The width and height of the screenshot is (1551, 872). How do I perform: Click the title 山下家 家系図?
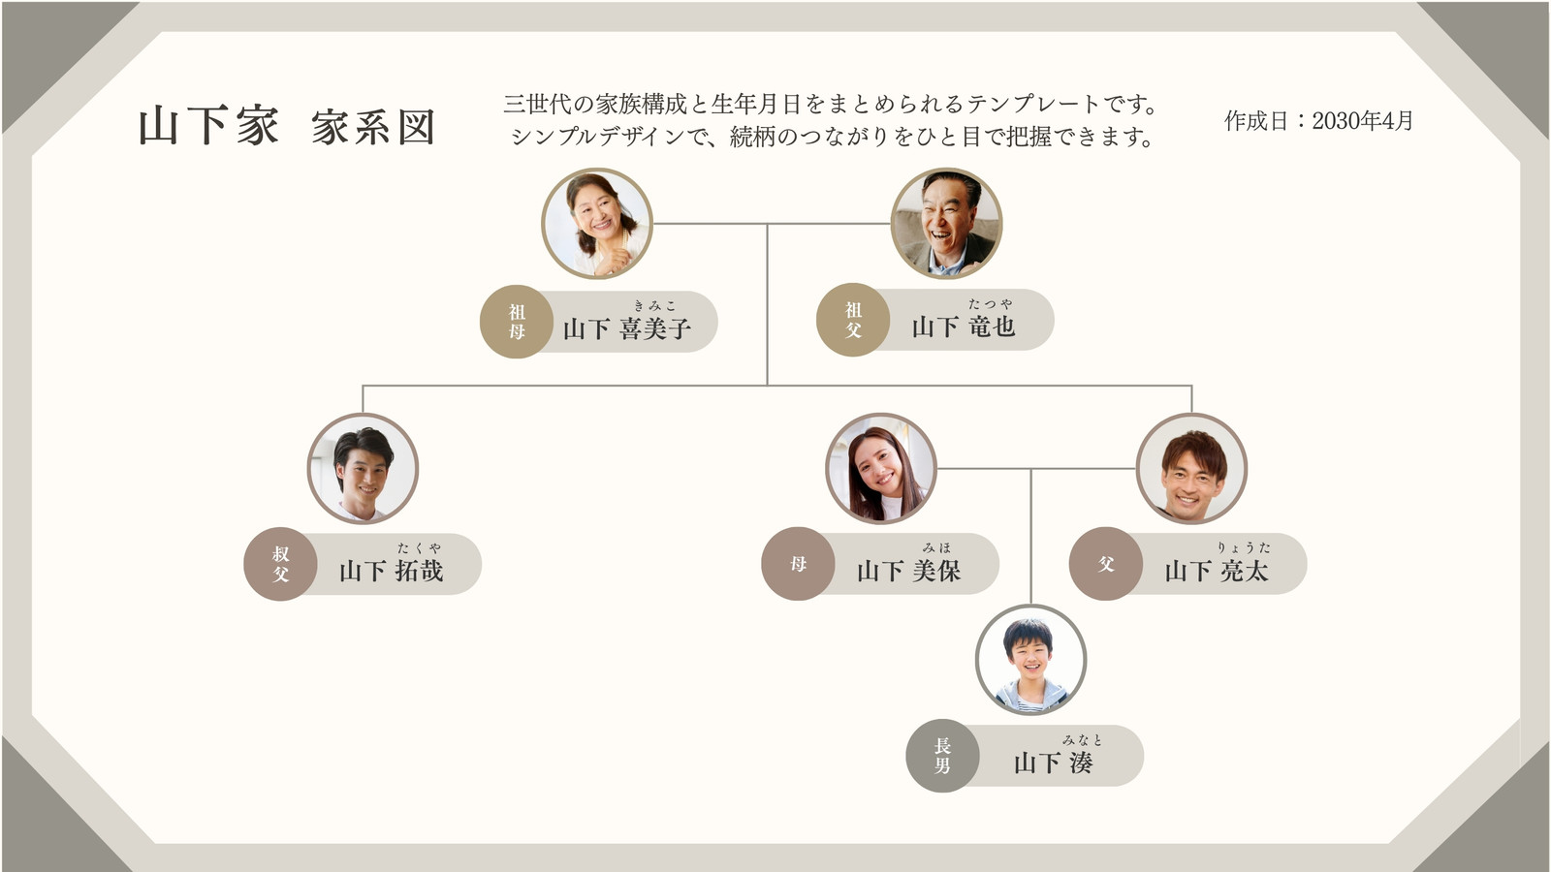click(x=287, y=127)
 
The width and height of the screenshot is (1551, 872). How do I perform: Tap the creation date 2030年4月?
click(x=1362, y=121)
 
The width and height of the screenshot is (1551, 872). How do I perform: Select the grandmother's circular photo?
click(x=597, y=224)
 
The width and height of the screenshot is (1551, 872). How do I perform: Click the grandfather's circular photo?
click(x=946, y=223)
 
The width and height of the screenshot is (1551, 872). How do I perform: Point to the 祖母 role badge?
click(x=516, y=322)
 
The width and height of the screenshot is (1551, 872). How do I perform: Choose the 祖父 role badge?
click(x=853, y=320)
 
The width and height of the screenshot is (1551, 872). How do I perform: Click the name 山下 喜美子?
click(x=627, y=328)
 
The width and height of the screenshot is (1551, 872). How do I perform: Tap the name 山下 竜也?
click(x=964, y=327)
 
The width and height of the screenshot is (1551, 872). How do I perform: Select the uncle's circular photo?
click(x=363, y=469)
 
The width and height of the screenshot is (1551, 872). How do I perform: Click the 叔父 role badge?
click(x=280, y=564)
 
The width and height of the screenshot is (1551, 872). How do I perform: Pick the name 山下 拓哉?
click(x=392, y=571)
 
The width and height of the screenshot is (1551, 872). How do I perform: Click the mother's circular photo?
click(x=881, y=469)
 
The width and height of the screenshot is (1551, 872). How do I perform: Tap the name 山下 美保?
click(x=909, y=571)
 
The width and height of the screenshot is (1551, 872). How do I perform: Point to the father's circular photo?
click(x=1191, y=469)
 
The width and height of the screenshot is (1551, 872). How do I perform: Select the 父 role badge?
click(x=1106, y=564)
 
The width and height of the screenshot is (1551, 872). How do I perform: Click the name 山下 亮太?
click(x=1217, y=571)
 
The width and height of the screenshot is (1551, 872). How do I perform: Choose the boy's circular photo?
click(x=1031, y=660)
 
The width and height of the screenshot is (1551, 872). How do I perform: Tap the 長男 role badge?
click(x=942, y=756)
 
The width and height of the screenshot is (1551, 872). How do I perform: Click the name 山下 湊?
click(x=1053, y=763)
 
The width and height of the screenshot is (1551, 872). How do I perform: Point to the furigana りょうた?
click(x=1245, y=547)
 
